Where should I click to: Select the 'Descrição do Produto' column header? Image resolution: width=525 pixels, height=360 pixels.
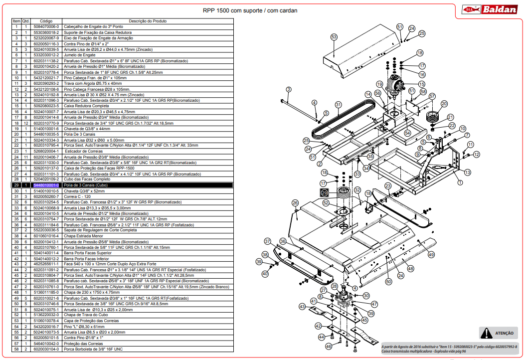coord(148,21)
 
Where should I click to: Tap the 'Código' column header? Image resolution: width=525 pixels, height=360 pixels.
coord(46,21)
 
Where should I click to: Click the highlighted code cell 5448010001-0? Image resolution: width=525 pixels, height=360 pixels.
coord(46,185)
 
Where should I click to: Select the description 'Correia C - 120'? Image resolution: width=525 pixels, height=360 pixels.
coord(78,196)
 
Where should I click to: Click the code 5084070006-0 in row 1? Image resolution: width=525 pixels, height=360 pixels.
coord(46,26)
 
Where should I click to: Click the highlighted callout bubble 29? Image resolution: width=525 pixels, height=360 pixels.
coord(324,192)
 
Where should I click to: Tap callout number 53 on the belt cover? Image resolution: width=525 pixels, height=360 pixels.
coord(334,37)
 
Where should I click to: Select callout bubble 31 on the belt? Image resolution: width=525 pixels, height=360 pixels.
coord(339,105)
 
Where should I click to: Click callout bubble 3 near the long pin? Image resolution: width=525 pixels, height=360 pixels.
coord(288,89)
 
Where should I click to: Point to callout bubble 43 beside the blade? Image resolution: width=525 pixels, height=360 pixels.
coord(302,306)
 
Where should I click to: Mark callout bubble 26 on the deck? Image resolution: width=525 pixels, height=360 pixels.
coord(295,203)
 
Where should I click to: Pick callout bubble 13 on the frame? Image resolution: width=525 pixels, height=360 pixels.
coord(467,172)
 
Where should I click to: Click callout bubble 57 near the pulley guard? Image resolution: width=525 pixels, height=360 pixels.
coord(432,96)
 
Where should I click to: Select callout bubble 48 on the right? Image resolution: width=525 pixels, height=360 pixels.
coord(410,268)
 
